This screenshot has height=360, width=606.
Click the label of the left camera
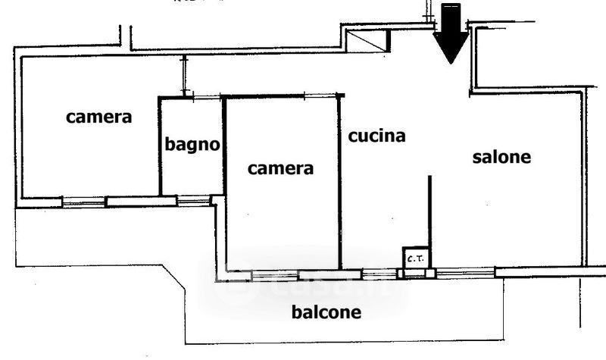click(x=98, y=117)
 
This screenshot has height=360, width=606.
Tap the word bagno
click(x=193, y=144)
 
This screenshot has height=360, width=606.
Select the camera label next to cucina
click(x=281, y=168)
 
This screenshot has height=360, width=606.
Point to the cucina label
click(x=377, y=136)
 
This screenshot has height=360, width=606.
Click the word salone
click(x=501, y=158)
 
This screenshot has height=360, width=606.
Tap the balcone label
click(x=327, y=311)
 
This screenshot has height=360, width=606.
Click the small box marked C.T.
click(x=415, y=258)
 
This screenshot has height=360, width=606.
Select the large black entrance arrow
click(x=451, y=34)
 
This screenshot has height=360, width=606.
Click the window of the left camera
click(x=83, y=202)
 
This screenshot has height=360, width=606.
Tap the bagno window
click(x=192, y=201)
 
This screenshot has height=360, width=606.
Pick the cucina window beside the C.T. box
click(x=379, y=273)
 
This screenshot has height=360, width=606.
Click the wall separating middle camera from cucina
click(x=339, y=182)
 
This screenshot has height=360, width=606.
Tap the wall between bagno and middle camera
click(x=224, y=144)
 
